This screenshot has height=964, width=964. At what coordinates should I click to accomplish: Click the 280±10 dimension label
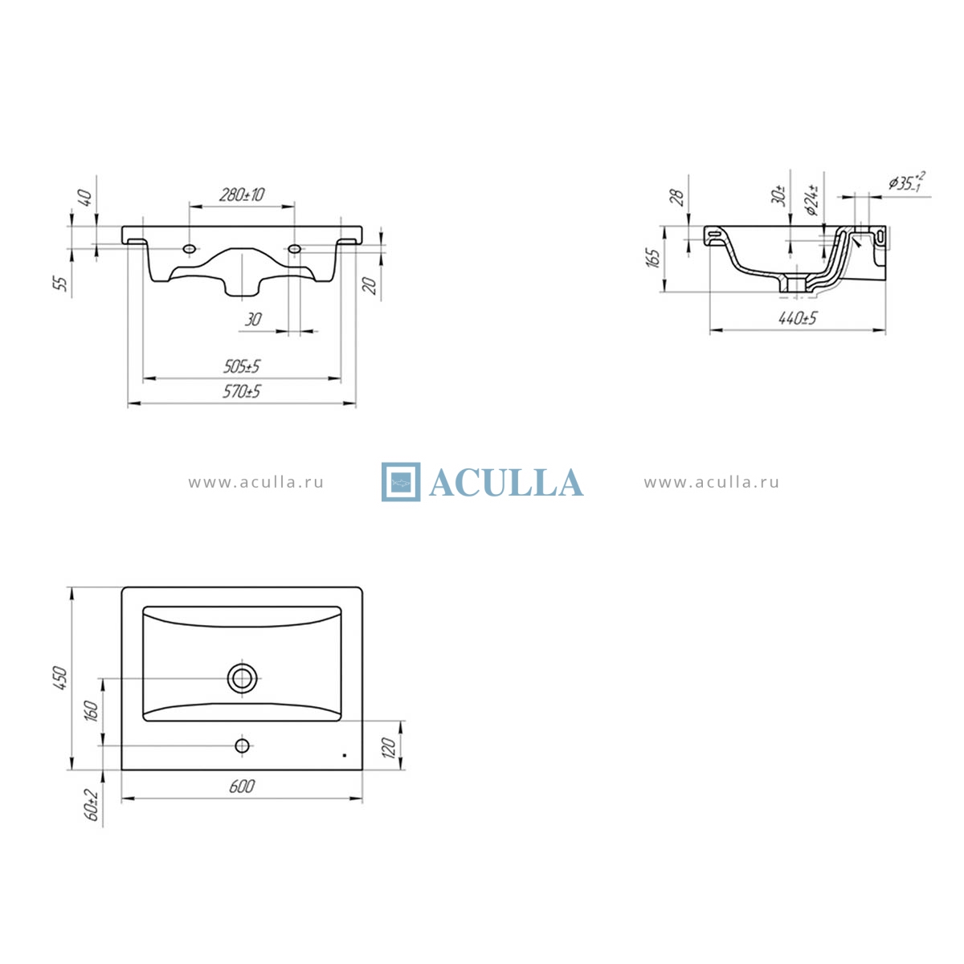[x=242, y=194]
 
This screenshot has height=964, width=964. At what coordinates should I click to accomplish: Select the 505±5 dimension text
[x=242, y=366]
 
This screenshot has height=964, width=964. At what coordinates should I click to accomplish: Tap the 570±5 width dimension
[x=242, y=391]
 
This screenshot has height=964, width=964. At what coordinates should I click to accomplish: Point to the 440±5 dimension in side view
[x=798, y=318]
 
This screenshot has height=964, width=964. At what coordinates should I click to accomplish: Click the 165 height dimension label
[x=653, y=258]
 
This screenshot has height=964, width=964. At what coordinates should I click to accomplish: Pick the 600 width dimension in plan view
[x=242, y=786]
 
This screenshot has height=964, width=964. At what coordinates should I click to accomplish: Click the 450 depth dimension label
[x=60, y=678]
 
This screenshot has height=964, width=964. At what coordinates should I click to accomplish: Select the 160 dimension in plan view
[x=92, y=711]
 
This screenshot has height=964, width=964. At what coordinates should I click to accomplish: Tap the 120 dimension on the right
[x=389, y=748]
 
